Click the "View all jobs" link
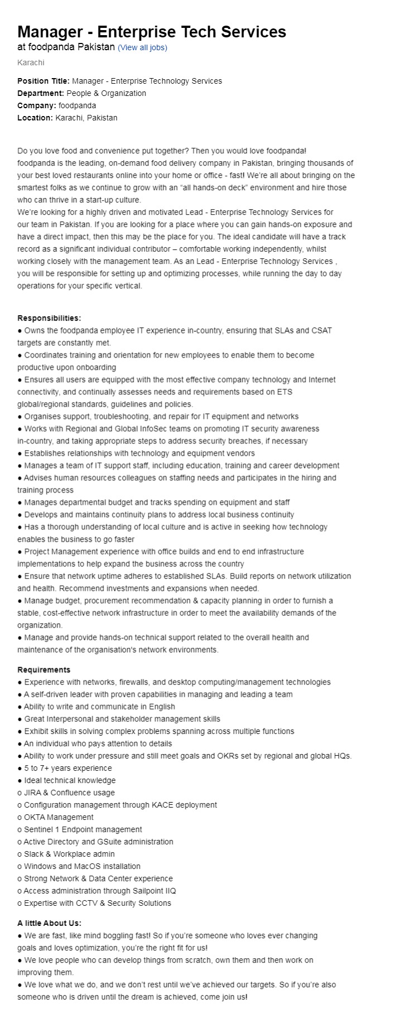coord(142,47)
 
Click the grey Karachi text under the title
coord(31,62)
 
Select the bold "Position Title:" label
coord(44,81)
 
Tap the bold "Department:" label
coord(41,93)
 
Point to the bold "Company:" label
coord(37,105)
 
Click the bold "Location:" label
coord(35,118)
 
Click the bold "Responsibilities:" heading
coord(49,318)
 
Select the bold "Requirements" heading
coord(44,670)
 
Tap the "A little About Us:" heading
coord(49,923)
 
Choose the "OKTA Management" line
coord(59,817)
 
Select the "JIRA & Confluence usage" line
coord(69,793)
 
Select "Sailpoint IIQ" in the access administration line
coord(153,891)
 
